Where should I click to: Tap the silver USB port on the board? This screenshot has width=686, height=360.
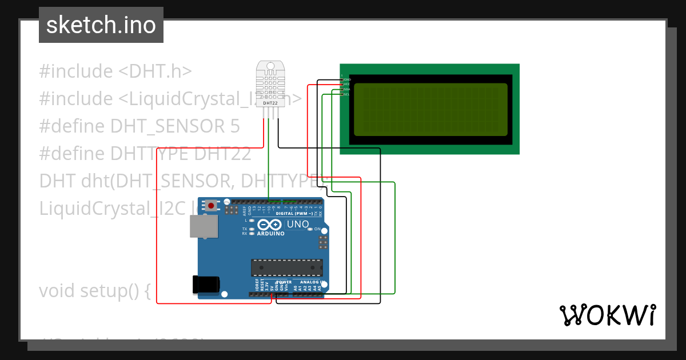(x=204, y=226)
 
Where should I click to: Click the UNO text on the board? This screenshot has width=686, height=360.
(x=297, y=224)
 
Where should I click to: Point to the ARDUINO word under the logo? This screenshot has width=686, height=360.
(x=271, y=234)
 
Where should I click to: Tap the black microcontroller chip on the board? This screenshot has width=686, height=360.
(x=286, y=267)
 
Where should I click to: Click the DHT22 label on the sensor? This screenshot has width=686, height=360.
(x=270, y=103)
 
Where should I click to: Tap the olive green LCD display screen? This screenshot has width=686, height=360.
(x=430, y=109)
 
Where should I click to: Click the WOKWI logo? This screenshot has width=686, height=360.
(x=607, y=315)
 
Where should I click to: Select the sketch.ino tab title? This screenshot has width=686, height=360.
(x=101, y=25)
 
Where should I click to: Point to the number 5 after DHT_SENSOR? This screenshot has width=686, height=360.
(x=234, y=126)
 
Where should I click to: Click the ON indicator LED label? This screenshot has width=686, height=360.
(x=317, y=229)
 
